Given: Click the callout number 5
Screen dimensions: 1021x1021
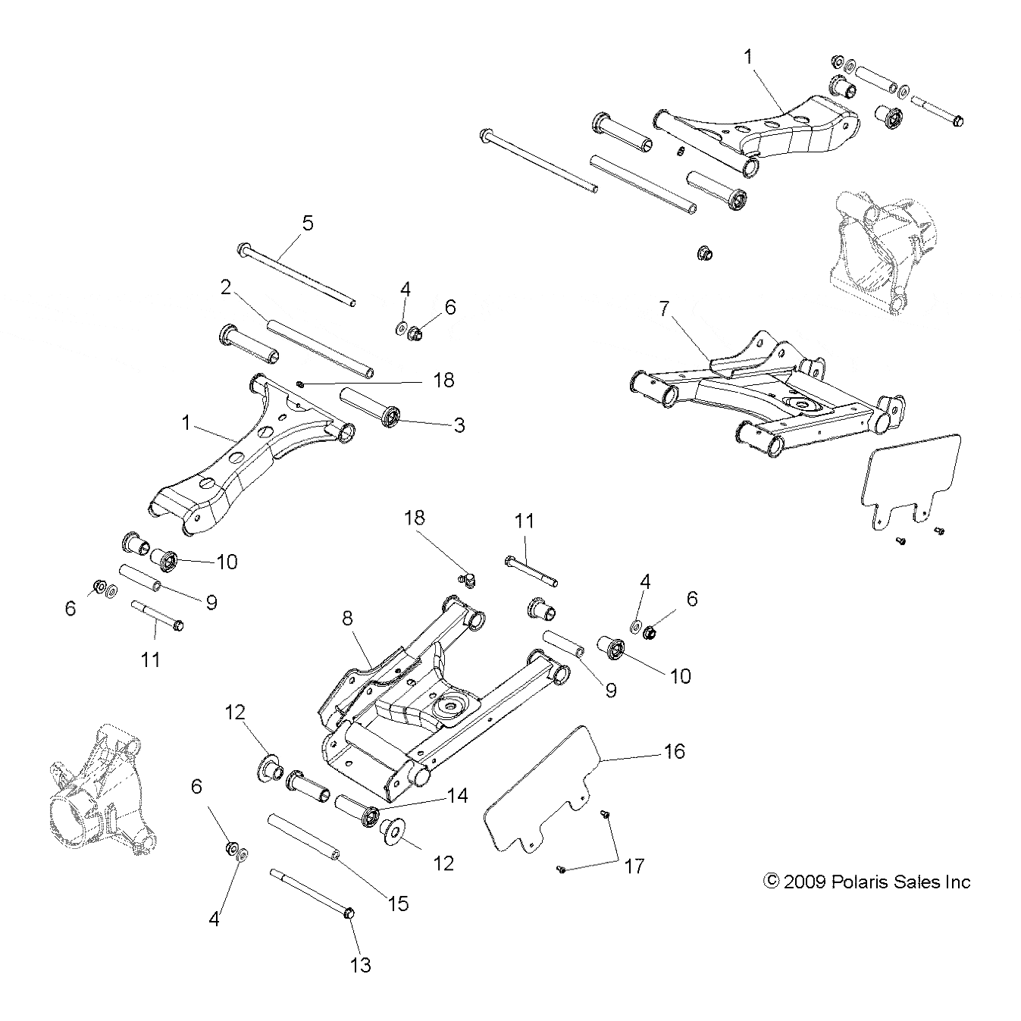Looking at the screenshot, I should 307,223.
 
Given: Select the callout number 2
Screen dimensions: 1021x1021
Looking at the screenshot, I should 225,287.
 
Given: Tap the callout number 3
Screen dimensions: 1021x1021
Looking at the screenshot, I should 459,425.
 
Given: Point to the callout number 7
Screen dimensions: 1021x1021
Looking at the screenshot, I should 664,308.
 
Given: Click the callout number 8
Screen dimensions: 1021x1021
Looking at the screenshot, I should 347,619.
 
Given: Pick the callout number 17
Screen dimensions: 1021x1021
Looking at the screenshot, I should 634,866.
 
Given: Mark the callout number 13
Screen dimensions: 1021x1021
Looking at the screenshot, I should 361,965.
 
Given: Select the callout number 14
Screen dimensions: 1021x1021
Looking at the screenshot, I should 457,796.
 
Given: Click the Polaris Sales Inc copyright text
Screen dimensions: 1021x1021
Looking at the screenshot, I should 867,882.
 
